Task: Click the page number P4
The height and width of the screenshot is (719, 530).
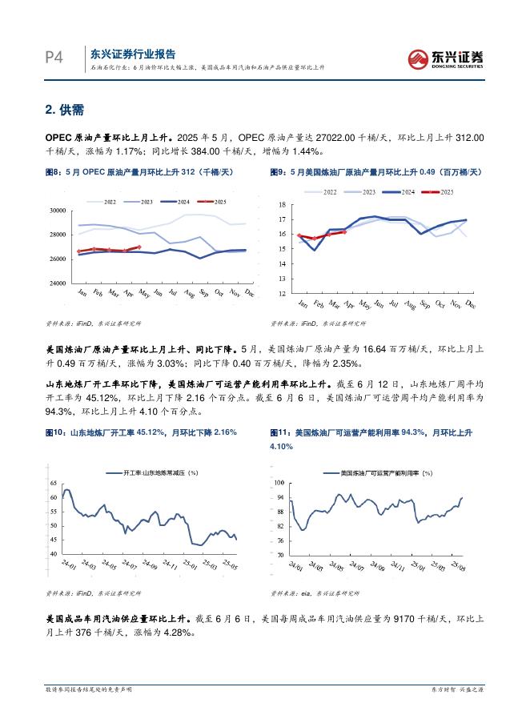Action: click(53, 57)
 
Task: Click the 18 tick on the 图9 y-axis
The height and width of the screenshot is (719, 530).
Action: click(282, 205)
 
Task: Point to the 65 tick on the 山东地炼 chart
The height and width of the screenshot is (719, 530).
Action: click(53, 484)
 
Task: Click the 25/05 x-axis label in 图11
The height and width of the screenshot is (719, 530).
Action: click(457, 568)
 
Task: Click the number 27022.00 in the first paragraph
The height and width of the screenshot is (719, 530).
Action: click(303, 138)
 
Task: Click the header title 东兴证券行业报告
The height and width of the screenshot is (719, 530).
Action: click(132, 54)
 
